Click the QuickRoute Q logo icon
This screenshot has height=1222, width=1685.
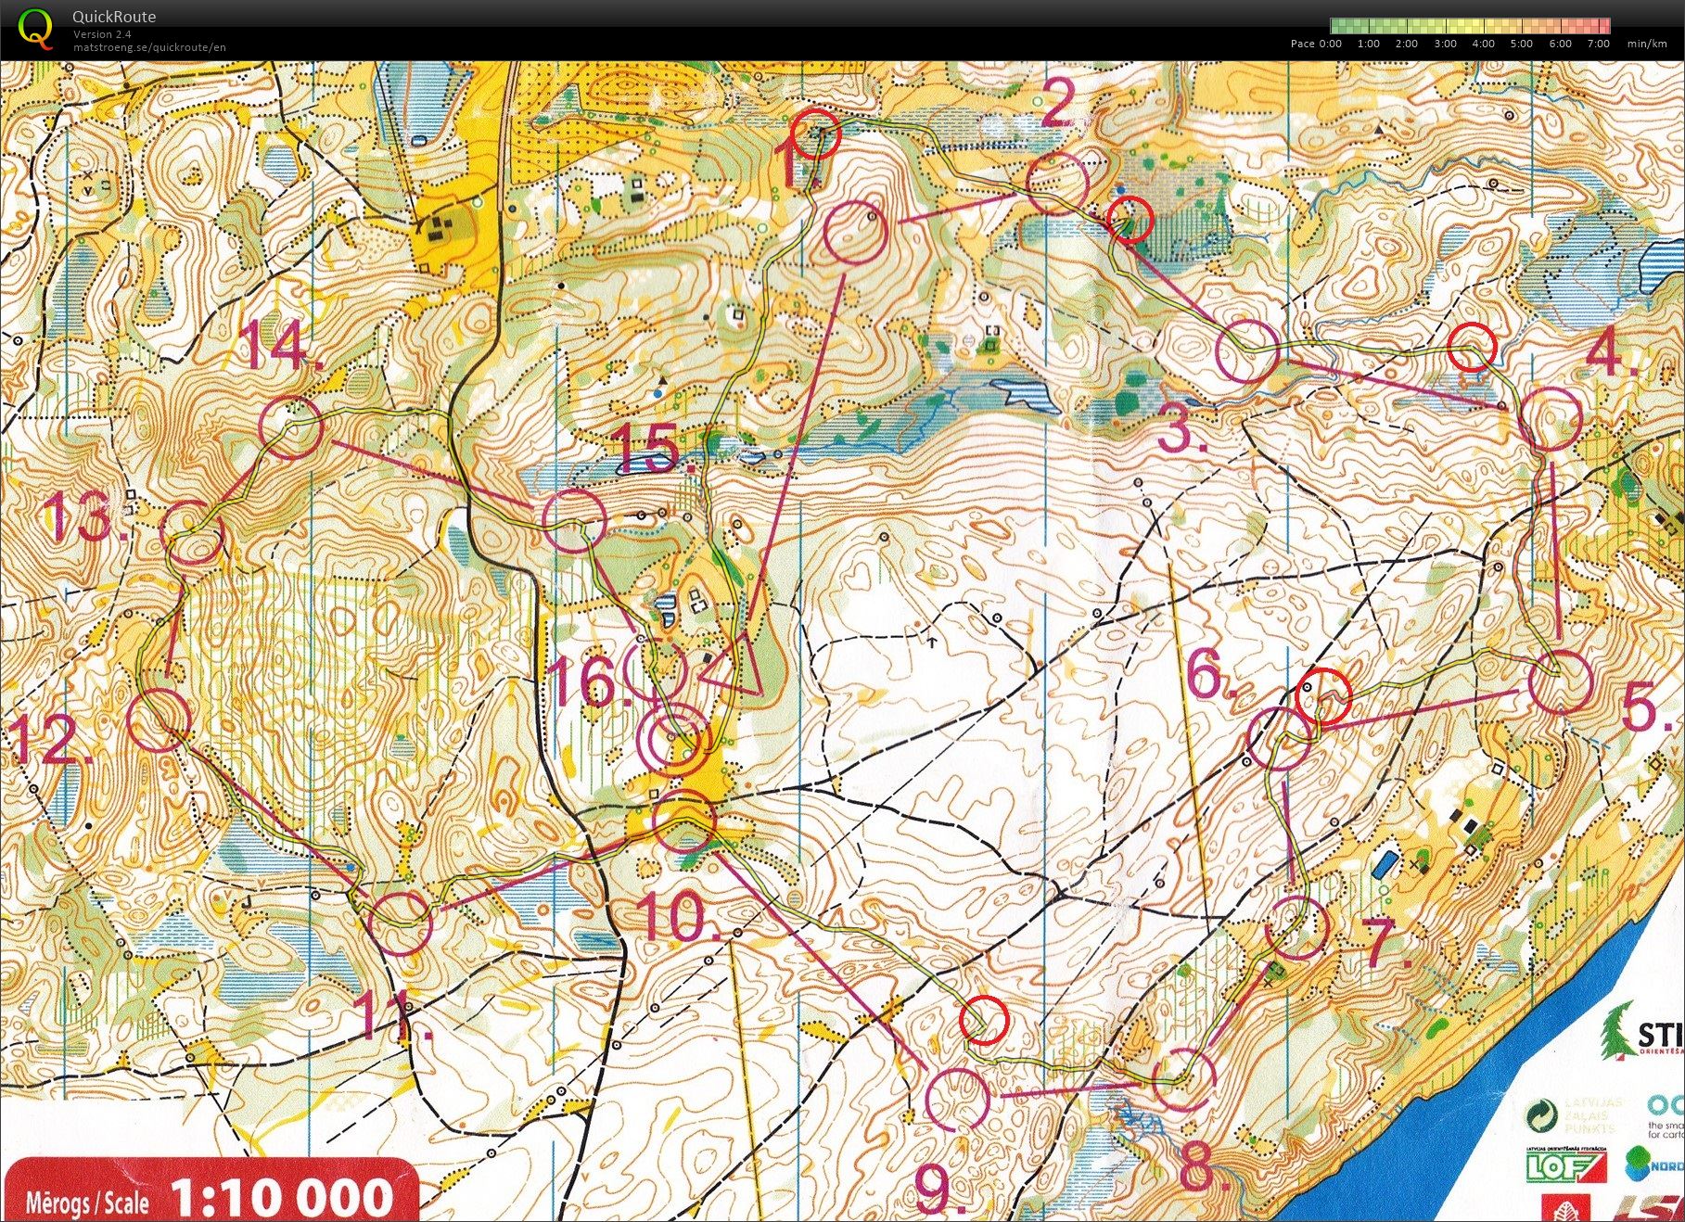[x=35, y=27]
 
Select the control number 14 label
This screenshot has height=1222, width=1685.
[x=274, y=350]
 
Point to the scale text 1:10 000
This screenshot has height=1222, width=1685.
[x=283, y=1196]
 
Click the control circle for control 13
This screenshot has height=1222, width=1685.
[x=193, y=532]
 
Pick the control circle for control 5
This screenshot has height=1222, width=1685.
[x=1558, y=681]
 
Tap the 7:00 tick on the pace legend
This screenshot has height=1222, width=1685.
[x=1598, y=44]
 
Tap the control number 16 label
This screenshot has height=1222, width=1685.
[x=586, y=682]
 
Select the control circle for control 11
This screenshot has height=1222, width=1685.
[x=401, y=923]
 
